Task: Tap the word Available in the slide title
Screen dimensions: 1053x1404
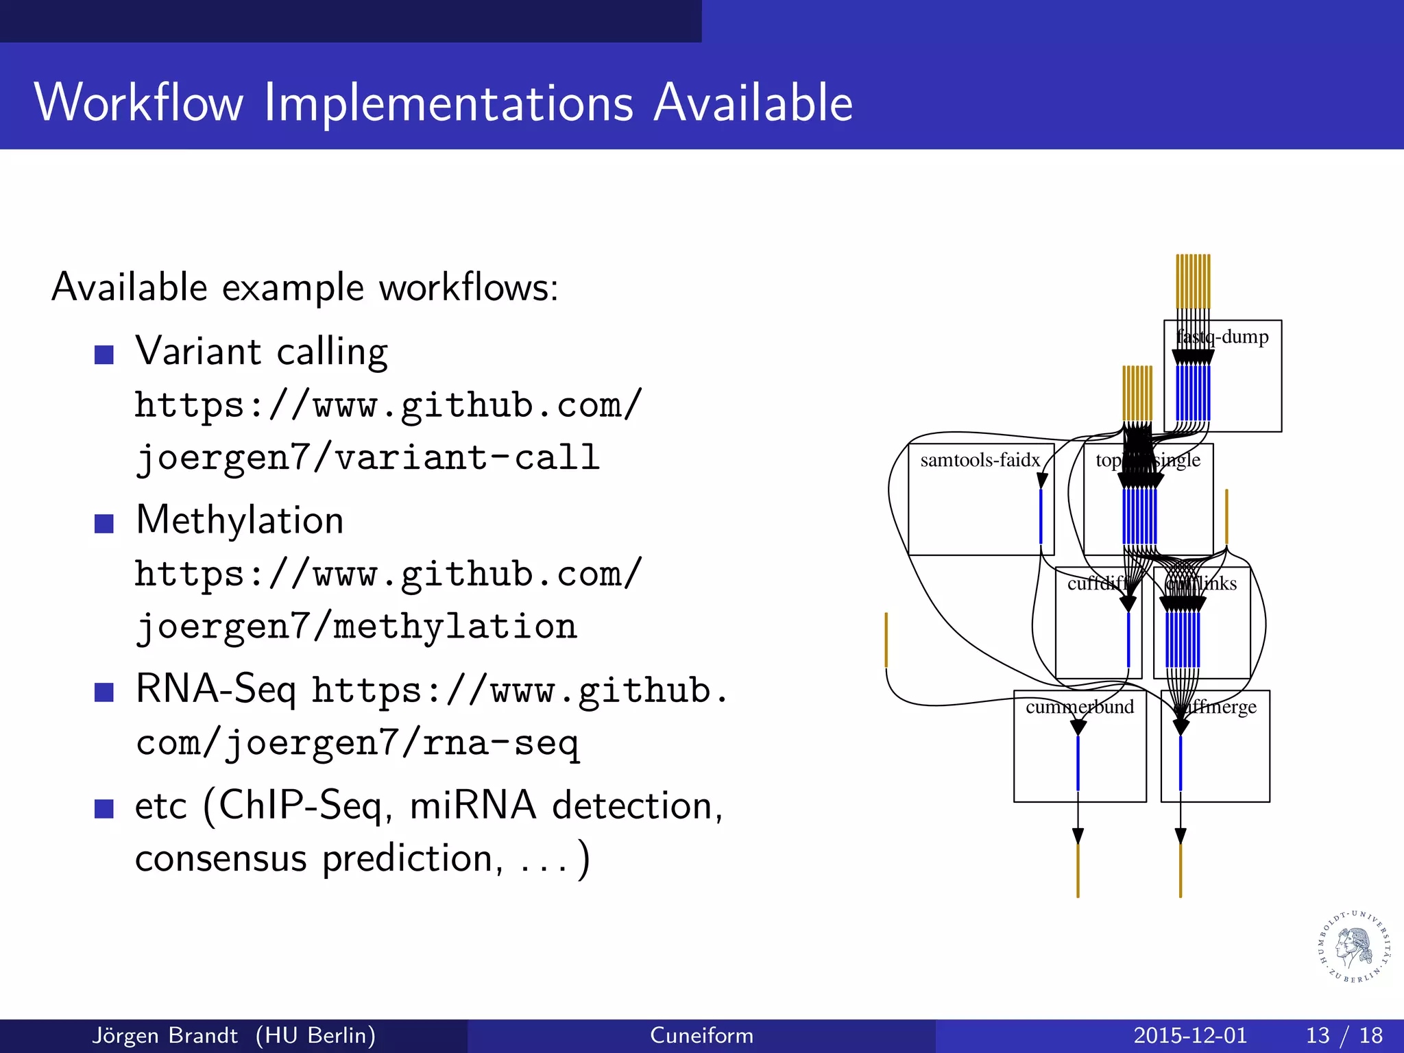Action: pyautogui.click(x=753, y=103)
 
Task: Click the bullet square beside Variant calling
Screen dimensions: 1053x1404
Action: pyautogui.click(x=104, y=354)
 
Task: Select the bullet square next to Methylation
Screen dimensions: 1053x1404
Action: pyautogui.click(x=104, y=523)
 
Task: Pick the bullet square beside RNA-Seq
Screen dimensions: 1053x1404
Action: pyautogui.click(x=104, y=692)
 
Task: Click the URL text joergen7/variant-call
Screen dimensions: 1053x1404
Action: pyautogui.click(x=367, y=457)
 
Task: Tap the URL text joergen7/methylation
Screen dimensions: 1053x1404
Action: pyautogui.click(x=356, y=626)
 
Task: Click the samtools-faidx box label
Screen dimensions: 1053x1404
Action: pyautogui.click(x=980, y=460)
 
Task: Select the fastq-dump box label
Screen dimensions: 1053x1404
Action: pyautogui.click(x=1223, y=337)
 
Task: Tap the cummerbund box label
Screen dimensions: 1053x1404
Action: pyautogui.click(x=1080, y=707)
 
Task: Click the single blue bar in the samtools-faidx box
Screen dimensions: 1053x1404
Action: pyautogui.click(x=1041, y=516)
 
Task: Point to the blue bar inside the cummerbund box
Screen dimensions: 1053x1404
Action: pyautogui.click(x=1078, y=762)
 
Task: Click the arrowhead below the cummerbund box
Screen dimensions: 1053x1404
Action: pyautogui.click(x=1078, y=836)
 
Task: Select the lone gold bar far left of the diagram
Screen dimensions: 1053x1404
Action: pyautogui.click(x=886, y=639)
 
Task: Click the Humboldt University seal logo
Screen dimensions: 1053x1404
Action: pyautogui.click(x=1355, y=947)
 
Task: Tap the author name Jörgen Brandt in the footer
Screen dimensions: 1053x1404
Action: pyautogui.click(x=165, y=1035)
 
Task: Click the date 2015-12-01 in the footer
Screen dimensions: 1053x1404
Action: pyautogui.click(x=1190, y=1035)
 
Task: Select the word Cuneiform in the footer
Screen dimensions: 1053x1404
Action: pyautogui.click(x=701, y=1035)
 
